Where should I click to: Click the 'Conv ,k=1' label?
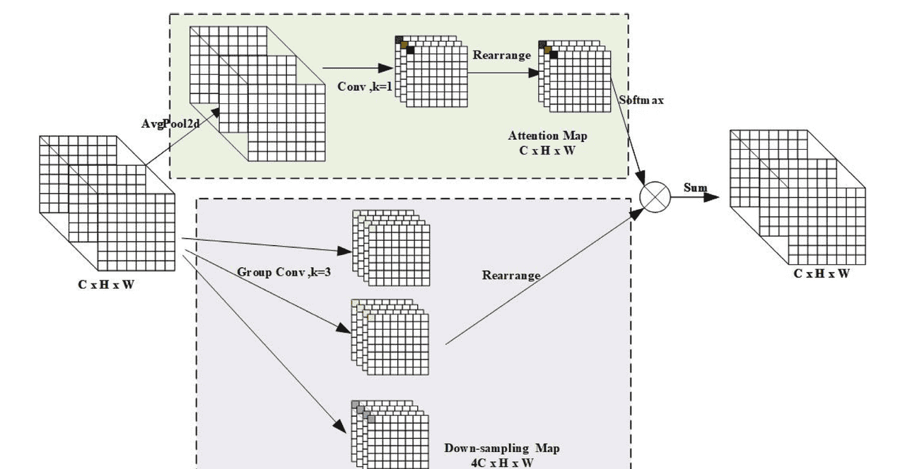click(365, 86)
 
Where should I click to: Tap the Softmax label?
click(641, 100)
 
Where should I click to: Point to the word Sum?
click(695, 188)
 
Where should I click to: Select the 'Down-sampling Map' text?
click(502, 449)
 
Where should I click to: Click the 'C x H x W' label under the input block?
click(106, 285)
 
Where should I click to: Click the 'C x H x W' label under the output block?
click(821, 273)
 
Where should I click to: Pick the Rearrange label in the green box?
click(501, 55)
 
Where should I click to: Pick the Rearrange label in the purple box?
click(511, 275)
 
